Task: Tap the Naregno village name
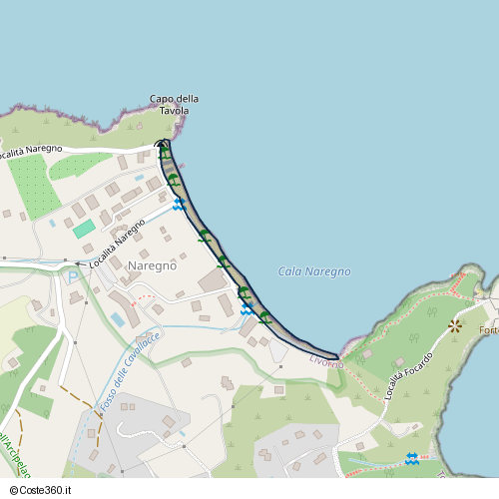click(153, 265)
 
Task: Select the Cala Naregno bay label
click(314, 272)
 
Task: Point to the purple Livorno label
click(325, 360)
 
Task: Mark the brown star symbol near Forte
click(455, 325)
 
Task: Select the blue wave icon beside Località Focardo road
click(411, 457)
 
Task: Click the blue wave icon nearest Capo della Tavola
click(180, 204)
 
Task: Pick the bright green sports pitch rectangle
click(84, 229)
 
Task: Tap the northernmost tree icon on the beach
click(163, 154)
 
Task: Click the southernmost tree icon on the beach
click(264, 317)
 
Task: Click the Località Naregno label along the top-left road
click(30, 152)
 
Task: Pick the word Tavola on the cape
click(174, 110)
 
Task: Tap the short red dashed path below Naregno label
click(144, 296)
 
